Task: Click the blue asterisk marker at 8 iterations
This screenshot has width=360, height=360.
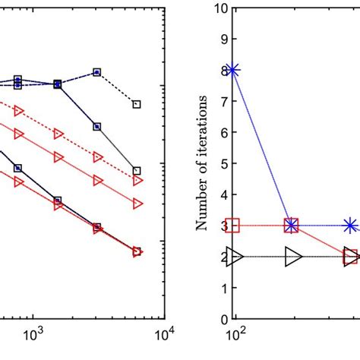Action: click(x=233, y=70)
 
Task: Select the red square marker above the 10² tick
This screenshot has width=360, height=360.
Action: click(x=233, y=225)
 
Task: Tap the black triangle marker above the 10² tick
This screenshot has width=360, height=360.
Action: click(x=233, y=257)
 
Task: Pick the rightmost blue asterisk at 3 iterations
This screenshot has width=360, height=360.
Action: click(x=350, y=225)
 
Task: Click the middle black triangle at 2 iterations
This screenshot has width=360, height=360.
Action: click(x=292, y=257)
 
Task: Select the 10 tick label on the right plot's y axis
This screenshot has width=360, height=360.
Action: click(x=220, y=8)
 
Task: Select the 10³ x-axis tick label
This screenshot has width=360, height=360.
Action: click(x=33, y=335)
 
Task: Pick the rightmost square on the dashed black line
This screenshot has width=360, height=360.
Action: click(x=137, y=103)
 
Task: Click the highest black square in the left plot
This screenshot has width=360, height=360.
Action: click(x=97, y=72)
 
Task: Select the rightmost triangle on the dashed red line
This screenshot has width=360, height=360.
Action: click(x=137, y=181)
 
